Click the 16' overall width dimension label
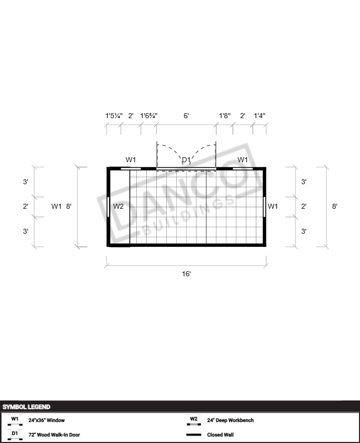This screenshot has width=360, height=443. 186,274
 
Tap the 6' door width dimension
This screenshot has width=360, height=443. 186,116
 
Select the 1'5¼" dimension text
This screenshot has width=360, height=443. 114,116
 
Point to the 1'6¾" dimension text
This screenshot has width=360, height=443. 149,116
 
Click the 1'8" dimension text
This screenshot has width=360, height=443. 225,116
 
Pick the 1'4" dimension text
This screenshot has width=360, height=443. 259,116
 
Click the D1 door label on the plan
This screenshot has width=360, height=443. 186,160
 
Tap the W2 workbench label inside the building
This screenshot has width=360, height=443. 118,206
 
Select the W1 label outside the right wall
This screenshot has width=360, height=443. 273,206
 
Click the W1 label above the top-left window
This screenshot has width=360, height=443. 131,160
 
